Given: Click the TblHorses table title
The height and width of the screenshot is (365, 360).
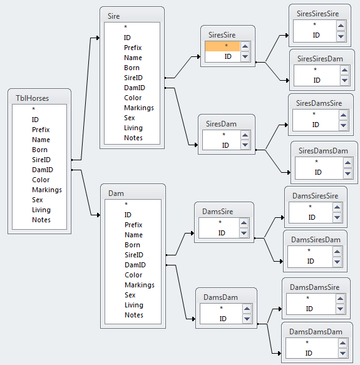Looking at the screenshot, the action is click(x=32, y=98).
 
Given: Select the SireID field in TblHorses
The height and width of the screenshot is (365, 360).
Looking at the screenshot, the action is click(x=41, y=160).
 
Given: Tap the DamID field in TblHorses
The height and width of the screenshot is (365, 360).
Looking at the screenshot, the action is click(x=43, y=170).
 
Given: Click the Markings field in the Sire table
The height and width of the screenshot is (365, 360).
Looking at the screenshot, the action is click(x=139, y=108).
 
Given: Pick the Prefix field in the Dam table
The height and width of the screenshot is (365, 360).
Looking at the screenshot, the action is click(x=133, y=225).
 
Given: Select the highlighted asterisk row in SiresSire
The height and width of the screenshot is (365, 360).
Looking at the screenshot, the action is click(x=222, y=46).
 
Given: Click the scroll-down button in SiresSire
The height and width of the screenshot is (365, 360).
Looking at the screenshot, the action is click(x=245, y=56).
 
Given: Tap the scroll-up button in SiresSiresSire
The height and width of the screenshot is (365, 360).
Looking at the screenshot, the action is click(x=341, y=26).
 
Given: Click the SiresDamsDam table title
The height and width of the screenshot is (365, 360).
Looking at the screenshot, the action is click(x=323, y=151).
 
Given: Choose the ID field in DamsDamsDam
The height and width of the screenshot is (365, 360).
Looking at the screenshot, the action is click(x=309, y=353).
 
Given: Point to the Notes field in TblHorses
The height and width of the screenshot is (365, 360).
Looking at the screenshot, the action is click(x=41, y=220).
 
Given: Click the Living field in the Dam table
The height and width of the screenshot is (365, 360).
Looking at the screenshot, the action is click(x=134, y=305).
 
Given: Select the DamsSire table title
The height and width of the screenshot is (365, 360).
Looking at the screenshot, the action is click(x=217, y=212).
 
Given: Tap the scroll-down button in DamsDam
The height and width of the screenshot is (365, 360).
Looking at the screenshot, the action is click(x=247, y=319).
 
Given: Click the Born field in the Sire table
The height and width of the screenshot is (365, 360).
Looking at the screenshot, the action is click(x=132, y=68).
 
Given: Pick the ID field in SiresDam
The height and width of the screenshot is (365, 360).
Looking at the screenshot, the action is click(x=225, y=145).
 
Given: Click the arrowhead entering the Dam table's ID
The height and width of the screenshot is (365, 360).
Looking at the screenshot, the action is click(x=99, y=215).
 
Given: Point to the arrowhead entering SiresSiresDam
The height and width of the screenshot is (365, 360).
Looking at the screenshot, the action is click(x=287, y=80).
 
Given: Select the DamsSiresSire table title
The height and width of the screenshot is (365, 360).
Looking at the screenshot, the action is click(x=316, y=196).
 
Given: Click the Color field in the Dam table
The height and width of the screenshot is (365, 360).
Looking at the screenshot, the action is click(x=133, y=275).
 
